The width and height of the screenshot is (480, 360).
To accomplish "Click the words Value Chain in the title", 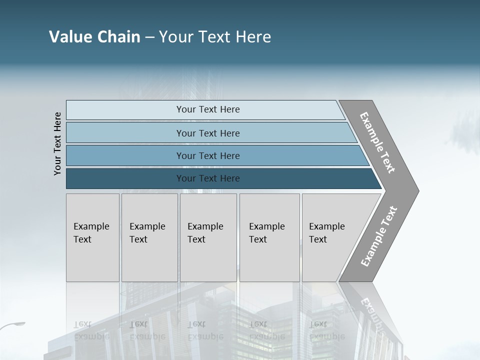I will [94, 37].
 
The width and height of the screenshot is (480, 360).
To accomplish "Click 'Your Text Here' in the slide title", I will [215, 37].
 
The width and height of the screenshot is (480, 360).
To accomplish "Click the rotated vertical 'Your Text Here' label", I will [57, 143].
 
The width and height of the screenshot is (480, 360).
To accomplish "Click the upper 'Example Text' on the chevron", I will [377, 142].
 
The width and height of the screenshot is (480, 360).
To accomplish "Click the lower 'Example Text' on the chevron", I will [378, 236].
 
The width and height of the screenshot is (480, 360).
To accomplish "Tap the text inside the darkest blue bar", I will [208, 178].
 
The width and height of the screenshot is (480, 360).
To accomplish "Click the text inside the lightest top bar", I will [208, 109].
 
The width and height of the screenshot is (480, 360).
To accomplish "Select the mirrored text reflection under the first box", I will [91, 330].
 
